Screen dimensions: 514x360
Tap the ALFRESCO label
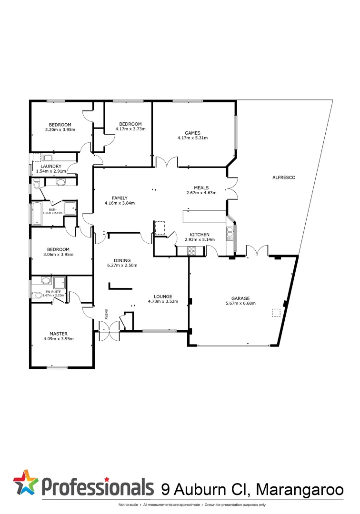pos(284,178)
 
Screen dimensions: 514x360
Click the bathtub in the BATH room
pos(37,213)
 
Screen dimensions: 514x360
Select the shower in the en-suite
pos(60,283)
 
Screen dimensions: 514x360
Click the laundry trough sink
pos(48,158)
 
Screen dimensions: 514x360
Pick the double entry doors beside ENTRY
pos(109,331)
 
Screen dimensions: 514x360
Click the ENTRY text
pos(106,314)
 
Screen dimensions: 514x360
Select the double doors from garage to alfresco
pos(257,251)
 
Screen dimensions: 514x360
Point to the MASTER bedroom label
pos(59,334)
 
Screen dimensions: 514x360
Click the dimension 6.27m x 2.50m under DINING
pos(119,265)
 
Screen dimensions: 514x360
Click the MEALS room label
pos(201,188)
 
